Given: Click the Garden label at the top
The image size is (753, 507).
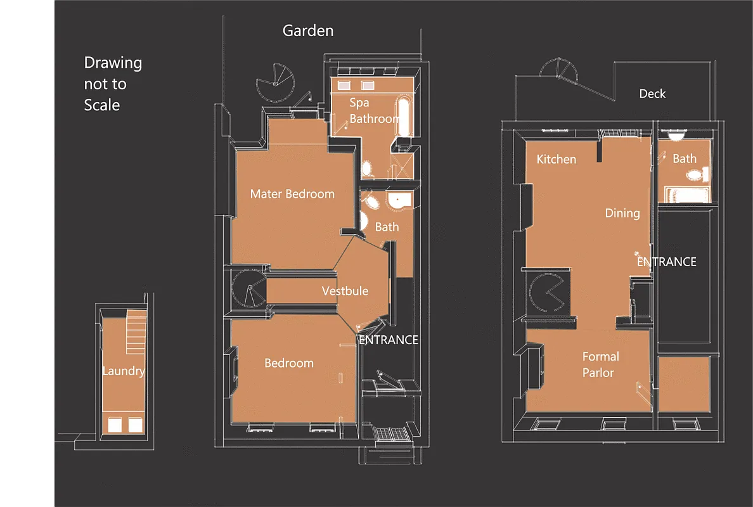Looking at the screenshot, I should (x=307, y=30).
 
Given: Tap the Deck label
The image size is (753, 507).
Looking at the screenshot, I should (x=652, y=94).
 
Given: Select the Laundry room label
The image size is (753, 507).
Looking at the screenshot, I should (x=124, y=371).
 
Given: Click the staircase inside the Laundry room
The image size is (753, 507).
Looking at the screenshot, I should (x=136, y=332).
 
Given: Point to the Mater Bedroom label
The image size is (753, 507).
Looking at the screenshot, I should (x=292, y=194).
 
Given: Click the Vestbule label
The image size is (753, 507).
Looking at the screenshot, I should (x=345, y=291).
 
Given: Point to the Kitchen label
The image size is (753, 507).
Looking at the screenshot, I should (x=556, y=159).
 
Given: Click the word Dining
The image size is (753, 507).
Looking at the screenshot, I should (x=622, y=213).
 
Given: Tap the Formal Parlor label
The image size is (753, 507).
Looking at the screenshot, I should (x=600, y=364).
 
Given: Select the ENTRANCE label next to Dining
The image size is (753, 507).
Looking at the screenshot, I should (x=666, y=262).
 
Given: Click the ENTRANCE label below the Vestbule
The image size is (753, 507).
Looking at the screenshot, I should (x=388, y=340).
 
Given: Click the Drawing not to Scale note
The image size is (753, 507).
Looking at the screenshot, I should (x=113, y=84).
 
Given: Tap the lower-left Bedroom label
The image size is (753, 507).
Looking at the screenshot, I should (x=288, y=363).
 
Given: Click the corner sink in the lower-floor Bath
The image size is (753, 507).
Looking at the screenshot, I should (x=400, y=202).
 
